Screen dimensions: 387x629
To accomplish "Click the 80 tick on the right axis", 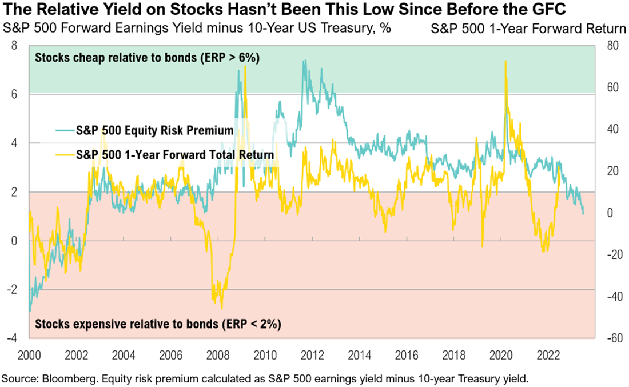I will pyautogui.click(x=611, y=46).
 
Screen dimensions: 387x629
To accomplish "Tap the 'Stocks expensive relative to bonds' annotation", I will pyautogui.click(x=158, y=324).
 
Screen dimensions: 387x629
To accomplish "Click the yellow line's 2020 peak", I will pyautogui.click(x=505, y=62).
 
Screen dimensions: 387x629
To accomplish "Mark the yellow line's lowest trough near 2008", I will pyautogui.click(x=221, y=308).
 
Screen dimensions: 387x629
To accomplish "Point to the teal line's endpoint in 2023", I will pyautogui.click(x=583, y=214).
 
